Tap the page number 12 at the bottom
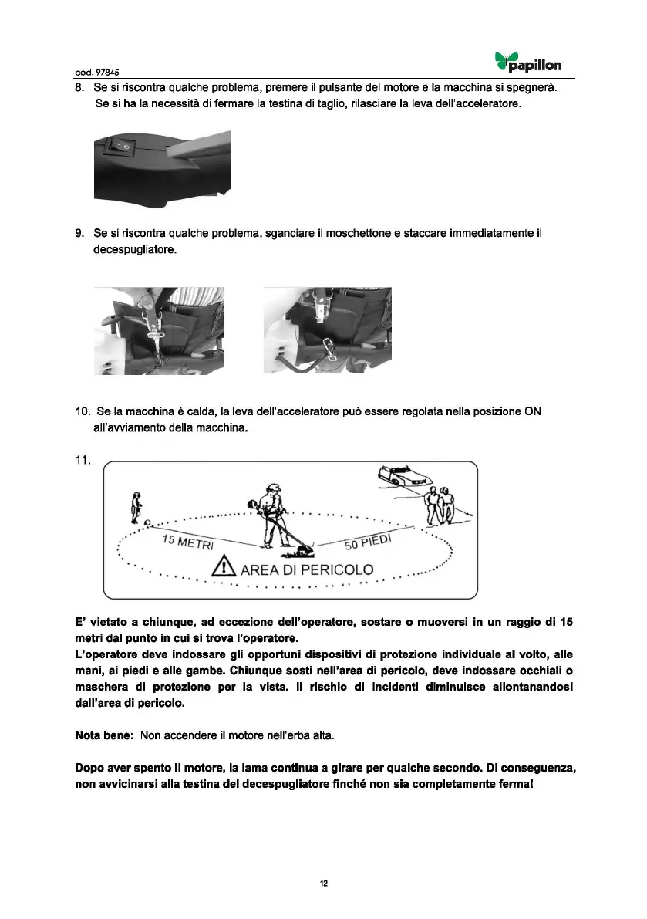point(324,884)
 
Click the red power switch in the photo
point(121,143)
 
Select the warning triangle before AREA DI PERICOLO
point(224,571)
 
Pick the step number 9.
point(79,233)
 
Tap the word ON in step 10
point(532,411)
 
